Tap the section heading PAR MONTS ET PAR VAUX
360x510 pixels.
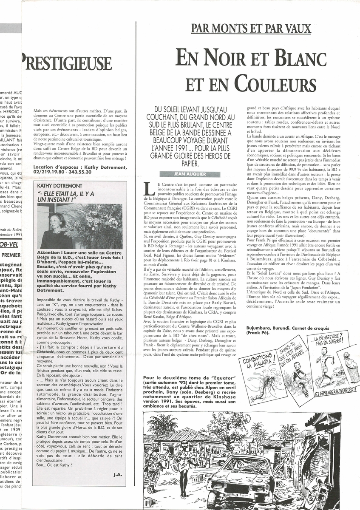(251, 29)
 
